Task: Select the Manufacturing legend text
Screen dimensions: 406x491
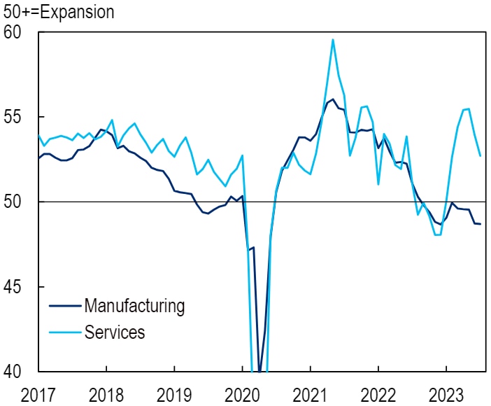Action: pyautogui.click(x=134, y=306)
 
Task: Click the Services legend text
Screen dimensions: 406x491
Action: pyautogui.click(x=115, y=332)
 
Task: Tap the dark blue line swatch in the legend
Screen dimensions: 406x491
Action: pyautogui.click(x=64, y=307)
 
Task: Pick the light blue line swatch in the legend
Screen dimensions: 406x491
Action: pyautogui.click(x=64, y=332)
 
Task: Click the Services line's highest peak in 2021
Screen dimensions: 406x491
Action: pyautogui.click(x=333, y=39)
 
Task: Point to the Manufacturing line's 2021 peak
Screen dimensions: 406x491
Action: pyautogui.click(x=333, y=99)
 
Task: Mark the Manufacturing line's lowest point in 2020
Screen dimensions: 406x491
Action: pyautogui.click(x=259, y=371)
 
